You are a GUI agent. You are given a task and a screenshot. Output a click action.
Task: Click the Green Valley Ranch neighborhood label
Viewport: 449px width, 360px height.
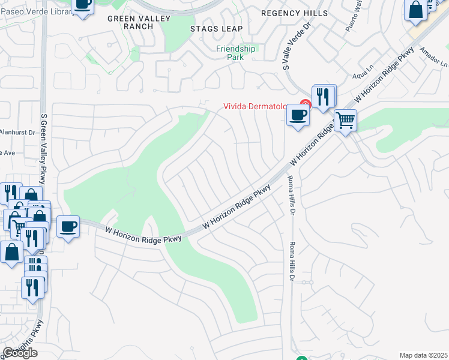(130, 23)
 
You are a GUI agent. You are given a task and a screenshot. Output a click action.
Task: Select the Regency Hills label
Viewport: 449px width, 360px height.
(295, 13)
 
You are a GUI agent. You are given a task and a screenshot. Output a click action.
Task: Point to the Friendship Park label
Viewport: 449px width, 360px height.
(236, 53)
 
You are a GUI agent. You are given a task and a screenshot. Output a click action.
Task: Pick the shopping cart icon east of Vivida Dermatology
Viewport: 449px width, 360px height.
(346, 121)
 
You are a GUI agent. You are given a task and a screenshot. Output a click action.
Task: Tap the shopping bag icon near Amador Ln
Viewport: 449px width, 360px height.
(415, 10)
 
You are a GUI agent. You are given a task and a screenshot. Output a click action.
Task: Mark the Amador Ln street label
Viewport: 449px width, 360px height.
(434, 57)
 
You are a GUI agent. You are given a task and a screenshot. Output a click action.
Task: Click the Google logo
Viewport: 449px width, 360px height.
(20, 353)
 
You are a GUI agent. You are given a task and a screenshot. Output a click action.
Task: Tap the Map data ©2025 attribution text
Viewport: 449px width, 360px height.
(424, 355)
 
